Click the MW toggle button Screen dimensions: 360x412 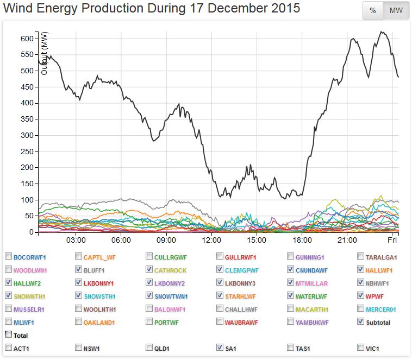(396, 10)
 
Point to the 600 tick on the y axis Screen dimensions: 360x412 (27, 39)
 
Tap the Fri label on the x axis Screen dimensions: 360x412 (392, 240)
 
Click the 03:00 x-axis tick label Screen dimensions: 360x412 (76, 240)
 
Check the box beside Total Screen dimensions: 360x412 (8, 335)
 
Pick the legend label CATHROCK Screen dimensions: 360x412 (170, 270)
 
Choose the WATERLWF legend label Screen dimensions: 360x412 (311, 296)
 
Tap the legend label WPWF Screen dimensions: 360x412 (376, 296)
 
